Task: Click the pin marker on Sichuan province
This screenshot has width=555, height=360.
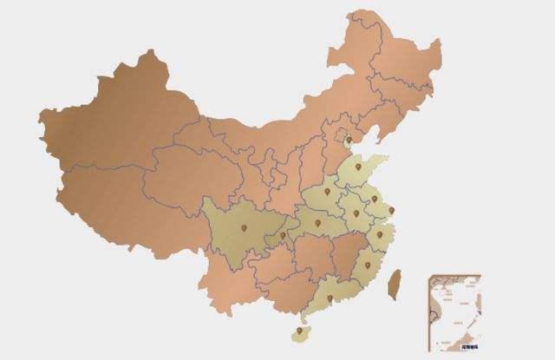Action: [245, 228]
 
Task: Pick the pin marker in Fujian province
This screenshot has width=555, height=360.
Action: [367, 265]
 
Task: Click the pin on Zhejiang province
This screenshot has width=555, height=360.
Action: [379, 234]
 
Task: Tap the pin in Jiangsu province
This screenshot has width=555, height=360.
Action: [375, 199]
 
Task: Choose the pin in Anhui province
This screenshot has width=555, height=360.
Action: [356, 213]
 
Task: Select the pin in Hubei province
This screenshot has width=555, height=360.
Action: [318, 224]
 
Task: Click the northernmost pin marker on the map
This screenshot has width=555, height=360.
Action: [349, 140]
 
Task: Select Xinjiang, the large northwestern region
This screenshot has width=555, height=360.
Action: [104, 130]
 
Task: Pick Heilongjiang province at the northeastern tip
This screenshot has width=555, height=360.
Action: [390, 52]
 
